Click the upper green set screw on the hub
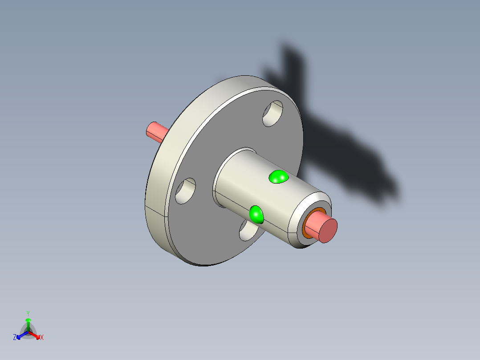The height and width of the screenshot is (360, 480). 279,177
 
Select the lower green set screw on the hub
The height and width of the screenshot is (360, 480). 256,214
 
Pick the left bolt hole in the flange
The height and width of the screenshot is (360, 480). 185,191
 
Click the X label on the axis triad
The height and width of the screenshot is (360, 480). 42,338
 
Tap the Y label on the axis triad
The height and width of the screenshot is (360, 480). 28,313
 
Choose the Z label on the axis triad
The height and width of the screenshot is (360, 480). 15,338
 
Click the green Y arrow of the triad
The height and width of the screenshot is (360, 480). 28,322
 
